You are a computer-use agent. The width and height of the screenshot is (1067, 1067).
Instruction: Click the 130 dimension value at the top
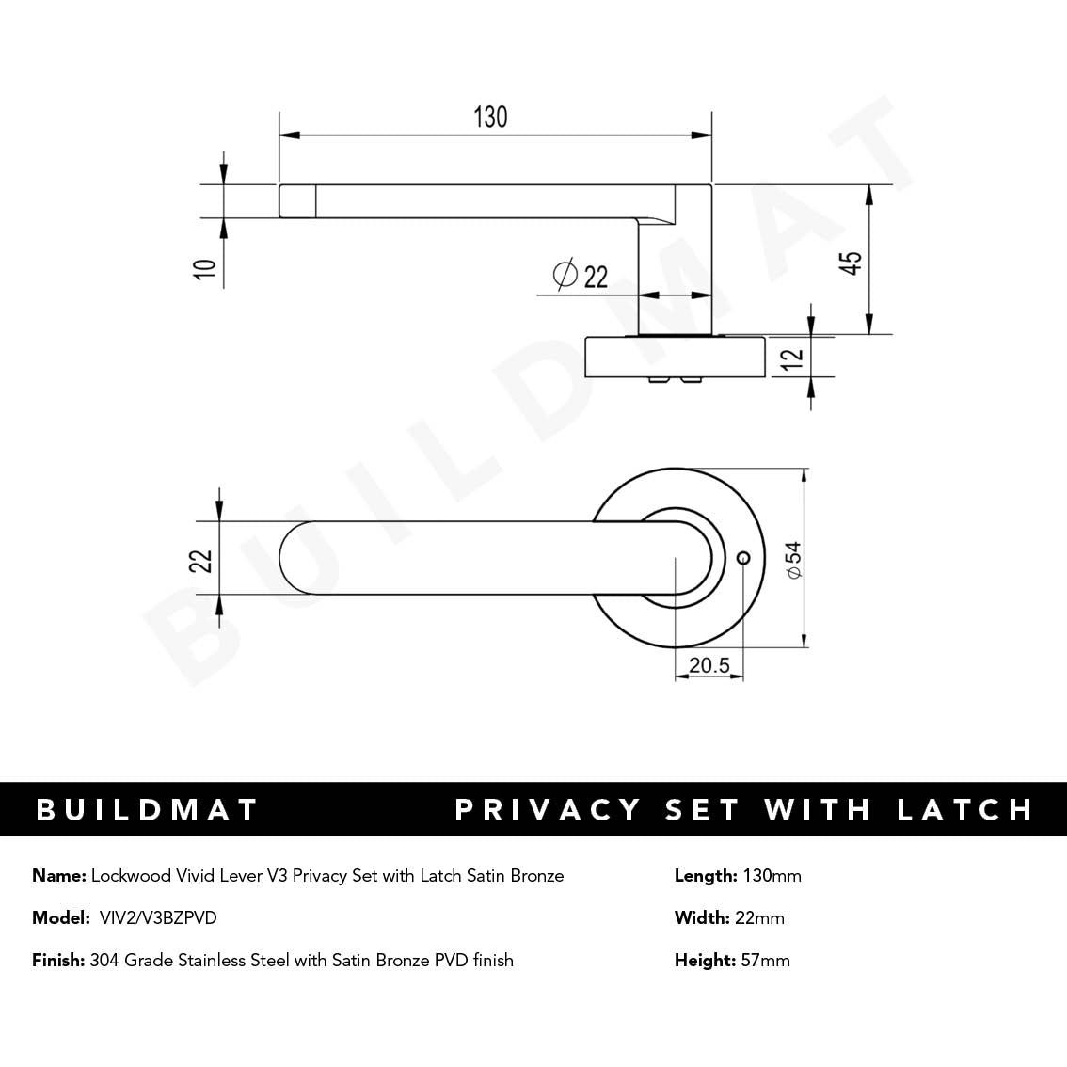pos(490,117)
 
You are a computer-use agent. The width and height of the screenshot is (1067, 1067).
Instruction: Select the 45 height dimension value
pos(852,262)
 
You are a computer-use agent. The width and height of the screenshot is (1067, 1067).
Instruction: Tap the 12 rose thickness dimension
pos(792,357)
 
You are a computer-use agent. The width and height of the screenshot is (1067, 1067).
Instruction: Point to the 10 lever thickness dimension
pos(205,268)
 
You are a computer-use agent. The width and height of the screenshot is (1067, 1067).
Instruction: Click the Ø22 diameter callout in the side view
pos(581,276)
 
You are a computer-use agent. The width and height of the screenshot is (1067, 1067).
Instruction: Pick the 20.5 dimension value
pos(709,665)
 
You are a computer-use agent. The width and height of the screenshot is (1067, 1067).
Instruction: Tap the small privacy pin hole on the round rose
pos(743,559)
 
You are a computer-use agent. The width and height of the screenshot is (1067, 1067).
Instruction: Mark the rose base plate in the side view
pos(674,358)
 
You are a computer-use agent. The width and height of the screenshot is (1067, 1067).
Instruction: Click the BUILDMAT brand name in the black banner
pos(147,810)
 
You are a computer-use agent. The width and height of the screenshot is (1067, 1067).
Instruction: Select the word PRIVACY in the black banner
pos(548,810)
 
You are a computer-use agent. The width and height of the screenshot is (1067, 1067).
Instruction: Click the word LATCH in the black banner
pos(964,810)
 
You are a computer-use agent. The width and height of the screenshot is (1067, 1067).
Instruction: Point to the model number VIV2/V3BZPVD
pos(158,917)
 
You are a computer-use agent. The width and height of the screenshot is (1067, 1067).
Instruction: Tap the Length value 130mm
pos(772,876)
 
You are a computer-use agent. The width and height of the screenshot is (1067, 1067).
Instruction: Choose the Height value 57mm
pos(766,961)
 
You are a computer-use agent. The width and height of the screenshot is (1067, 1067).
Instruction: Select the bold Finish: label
pos(58,961)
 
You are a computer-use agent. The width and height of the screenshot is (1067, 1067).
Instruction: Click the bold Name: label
pos(59,876)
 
